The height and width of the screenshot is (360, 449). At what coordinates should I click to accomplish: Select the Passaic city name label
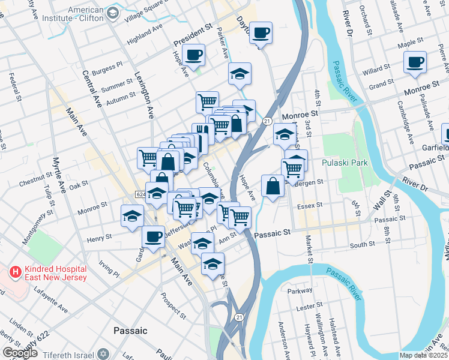click(x=130, y=331)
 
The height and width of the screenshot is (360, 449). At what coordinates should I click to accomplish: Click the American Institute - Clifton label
click(x=94, y=14)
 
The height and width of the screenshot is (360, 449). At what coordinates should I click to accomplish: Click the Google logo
click(x=20, y=353)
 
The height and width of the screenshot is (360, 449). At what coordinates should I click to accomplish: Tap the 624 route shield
click(x=140, y=194)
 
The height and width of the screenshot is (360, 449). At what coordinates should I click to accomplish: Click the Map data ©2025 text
click(x=424, y=355)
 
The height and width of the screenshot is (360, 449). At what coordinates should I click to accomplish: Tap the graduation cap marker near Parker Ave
click(x=240, y=74)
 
